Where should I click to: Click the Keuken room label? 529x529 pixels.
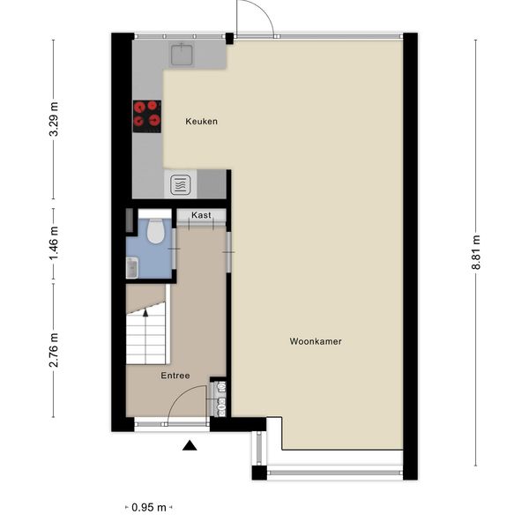click(x=201, y=122)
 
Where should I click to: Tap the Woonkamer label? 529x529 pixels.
click(x=316, y=341)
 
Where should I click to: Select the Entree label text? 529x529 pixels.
click(x=175, y=376)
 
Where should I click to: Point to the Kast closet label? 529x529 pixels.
click(x=201, y=215)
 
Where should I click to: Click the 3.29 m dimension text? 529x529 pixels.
click(x=54, y=119)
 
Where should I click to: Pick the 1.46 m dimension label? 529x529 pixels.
click(x=54, y=243)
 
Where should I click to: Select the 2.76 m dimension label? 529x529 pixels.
click(x=54, y=350)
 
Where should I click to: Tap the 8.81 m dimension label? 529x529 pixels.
click(x=476, y=252)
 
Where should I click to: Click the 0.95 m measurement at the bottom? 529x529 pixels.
click(x=149, y=507)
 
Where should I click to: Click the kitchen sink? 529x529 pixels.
click(x=182, y=55)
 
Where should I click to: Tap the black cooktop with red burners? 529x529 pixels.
click(x=147, y=116)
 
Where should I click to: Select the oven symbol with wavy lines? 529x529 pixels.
click(x=181, y=185)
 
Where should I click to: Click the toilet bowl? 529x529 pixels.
click(x=155, y=231)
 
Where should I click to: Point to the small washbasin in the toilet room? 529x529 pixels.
click(x=132, y=267)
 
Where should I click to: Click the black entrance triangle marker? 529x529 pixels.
click(x=190, y=445)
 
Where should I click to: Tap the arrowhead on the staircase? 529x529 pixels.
click(x=145, y=313)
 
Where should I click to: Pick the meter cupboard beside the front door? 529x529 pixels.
click(x=219, y=399)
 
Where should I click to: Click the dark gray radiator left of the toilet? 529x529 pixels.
click(x=130, y=220)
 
